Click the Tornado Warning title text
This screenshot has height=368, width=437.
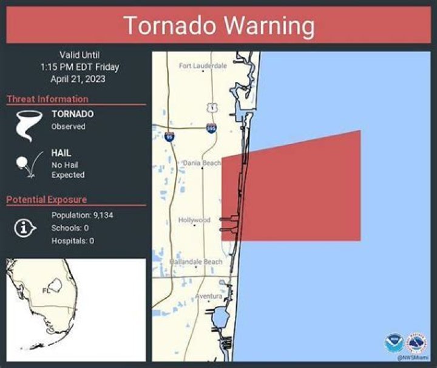[218, 26]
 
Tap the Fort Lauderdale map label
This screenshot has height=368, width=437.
[203, 66]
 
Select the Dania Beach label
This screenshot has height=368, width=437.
[202, 163]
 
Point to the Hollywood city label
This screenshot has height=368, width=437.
[194, 220]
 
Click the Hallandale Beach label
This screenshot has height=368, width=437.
[196, 262]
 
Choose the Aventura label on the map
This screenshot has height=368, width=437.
[208, 296]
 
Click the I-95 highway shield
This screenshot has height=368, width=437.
[169, 137]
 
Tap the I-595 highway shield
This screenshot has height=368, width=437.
[211, 129]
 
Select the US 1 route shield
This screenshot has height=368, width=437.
[211, 107]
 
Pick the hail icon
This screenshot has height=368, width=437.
[26, 164]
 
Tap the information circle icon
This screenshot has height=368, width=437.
[24, 228]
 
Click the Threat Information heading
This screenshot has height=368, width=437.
[47, 99]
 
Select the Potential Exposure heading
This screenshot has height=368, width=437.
[47, 199]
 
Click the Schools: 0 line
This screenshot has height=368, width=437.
[70, 228]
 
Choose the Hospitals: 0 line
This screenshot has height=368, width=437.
[73, 240]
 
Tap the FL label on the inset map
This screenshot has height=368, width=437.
[46, 290]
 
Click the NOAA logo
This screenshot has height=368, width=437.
[393, 343]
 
